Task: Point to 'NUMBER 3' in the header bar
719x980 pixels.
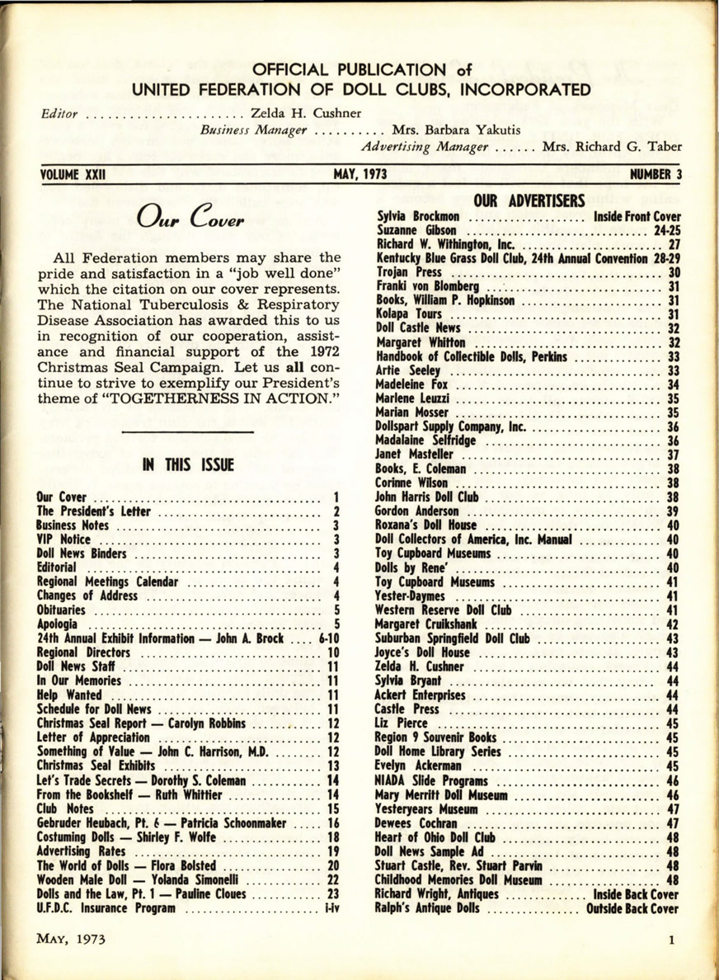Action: (656, 175)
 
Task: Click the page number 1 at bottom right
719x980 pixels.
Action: (673, 940)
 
